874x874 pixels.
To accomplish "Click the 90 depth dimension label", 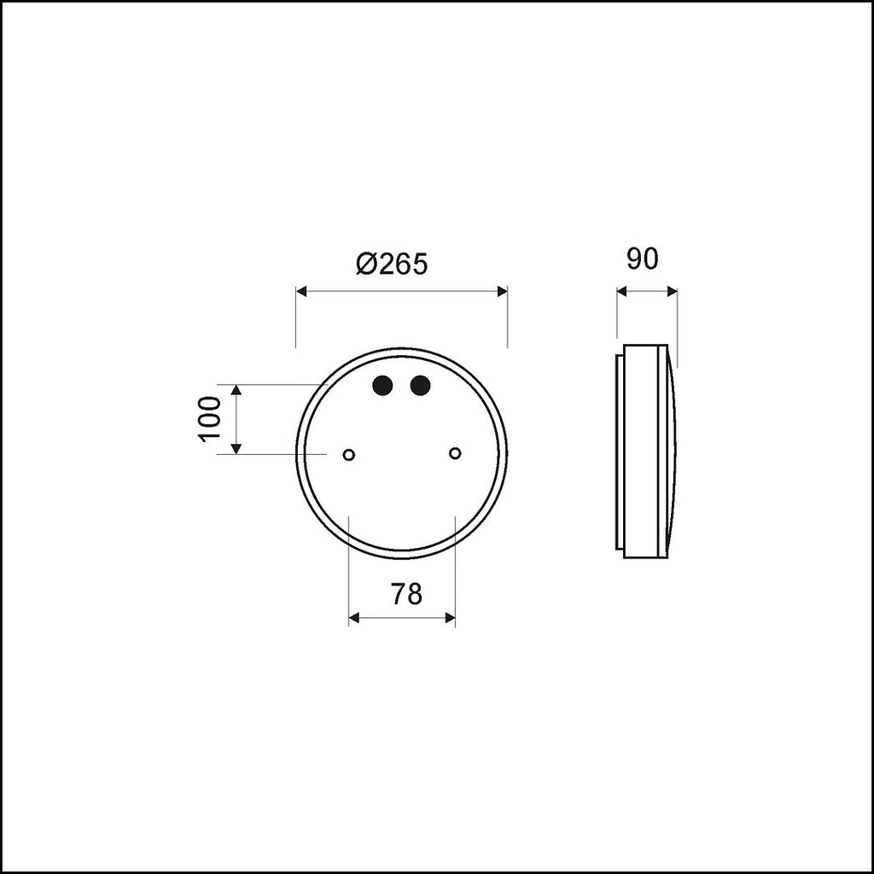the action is (642, 259).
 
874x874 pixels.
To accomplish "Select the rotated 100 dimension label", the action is (210, 418).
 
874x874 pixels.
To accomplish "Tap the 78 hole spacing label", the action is (406, 594).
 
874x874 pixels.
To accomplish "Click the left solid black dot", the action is (382, 385).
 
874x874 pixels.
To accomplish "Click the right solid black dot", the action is (420, 385).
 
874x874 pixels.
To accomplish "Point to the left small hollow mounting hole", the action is (349, 455).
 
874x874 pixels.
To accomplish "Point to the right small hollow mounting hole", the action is (455, 453).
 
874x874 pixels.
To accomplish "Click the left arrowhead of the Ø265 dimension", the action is (301, 291).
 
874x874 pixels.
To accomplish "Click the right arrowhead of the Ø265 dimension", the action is (502, 291).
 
